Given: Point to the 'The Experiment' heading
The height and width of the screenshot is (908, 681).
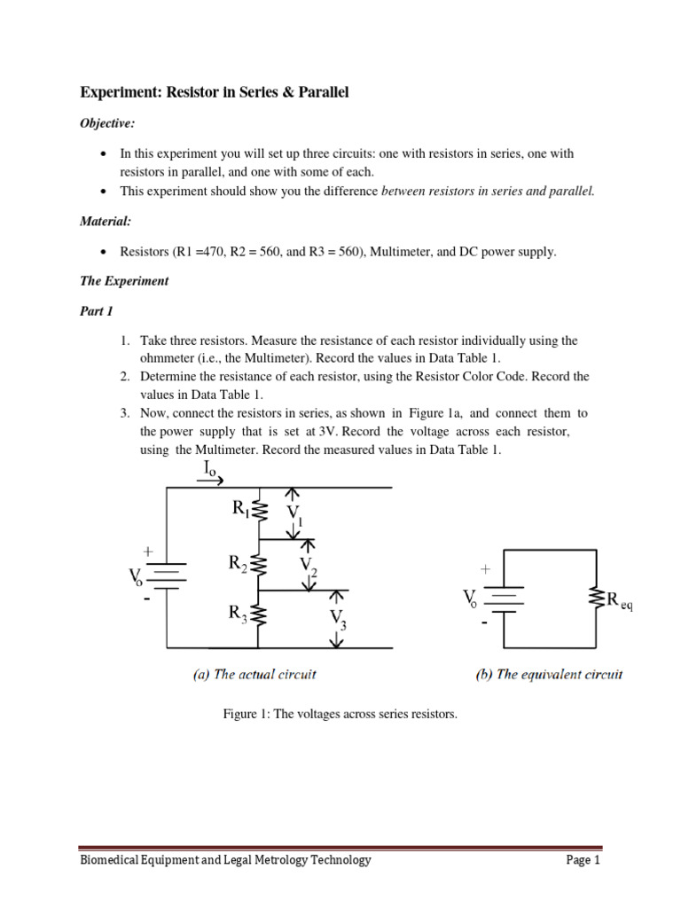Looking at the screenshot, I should point(124,281).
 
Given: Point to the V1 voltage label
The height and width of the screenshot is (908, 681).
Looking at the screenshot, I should point(294,514).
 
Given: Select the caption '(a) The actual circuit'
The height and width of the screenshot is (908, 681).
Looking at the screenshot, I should point(254,674).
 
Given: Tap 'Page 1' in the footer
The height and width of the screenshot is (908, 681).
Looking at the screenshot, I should point(583,860).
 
